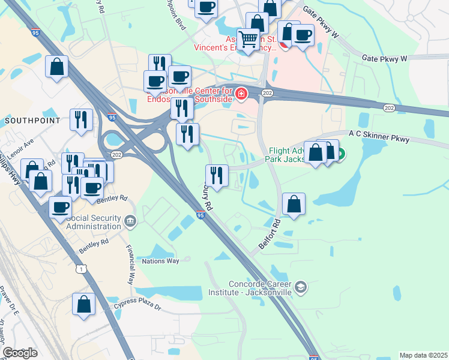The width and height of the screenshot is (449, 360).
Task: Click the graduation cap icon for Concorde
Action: [x=301, y=288]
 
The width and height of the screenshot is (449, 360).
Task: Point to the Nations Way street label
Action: [x=160, y=261]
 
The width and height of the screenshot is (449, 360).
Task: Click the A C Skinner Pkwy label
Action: [x=379, y=137]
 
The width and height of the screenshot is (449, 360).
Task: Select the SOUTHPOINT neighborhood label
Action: [x=32, y=121]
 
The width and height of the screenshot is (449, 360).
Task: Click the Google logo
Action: [x=20, y=353]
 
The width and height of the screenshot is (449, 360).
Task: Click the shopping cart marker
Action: [x=248, y=39]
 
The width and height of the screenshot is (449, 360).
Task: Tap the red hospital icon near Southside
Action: [x=241, y=94]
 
